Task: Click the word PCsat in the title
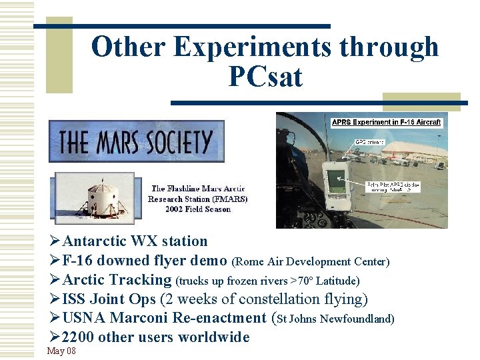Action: point(265,77)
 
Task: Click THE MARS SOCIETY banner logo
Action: point(136,141)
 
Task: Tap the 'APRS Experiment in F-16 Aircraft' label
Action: point(386,123)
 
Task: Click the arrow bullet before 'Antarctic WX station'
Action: point(55,241)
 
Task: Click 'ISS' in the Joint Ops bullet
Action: point(73,299)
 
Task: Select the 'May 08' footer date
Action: point(61,351)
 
